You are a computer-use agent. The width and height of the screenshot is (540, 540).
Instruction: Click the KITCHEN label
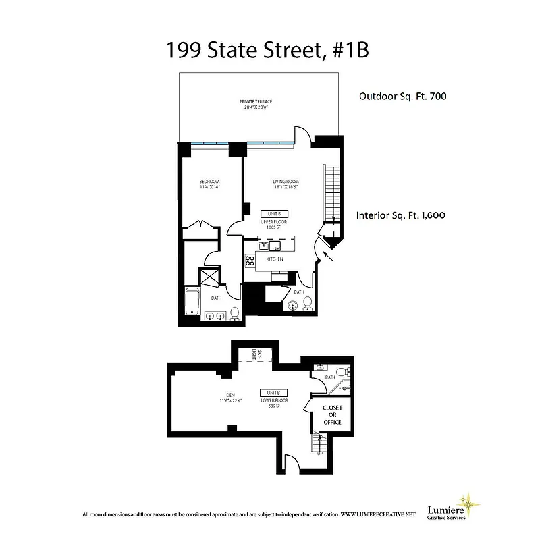[x=274, y=259]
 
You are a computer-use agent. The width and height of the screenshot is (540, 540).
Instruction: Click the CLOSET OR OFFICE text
[x=332, y=415]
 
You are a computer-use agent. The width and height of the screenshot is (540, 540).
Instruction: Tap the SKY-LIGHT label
[x=254, y=354]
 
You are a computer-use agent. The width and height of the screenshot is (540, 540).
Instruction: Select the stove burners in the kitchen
[x=249, y=260]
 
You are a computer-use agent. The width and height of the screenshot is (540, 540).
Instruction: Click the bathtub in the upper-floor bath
[x=192, y=301]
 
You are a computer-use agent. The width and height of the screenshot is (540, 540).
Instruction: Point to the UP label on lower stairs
[x=319, y=454]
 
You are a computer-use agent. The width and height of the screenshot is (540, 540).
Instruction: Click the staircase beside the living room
[x=331, y=192]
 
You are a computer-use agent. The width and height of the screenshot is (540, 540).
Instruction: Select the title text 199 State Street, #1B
[x=268, y=51]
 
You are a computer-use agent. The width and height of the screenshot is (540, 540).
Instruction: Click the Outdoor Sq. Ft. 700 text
[x=402, y=97]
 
